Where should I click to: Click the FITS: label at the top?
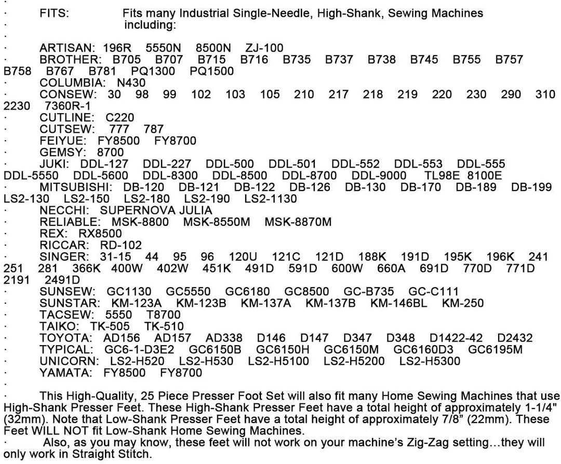tap(54, 13)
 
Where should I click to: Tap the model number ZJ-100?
tap(264, 48)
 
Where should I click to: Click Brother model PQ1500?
tap(212, 71)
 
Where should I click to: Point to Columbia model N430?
tap(131, 83)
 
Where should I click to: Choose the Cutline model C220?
tap(119, 117)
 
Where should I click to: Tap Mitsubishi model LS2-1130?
tap(271, 199)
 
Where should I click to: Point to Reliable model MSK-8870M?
tap(298, 222)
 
